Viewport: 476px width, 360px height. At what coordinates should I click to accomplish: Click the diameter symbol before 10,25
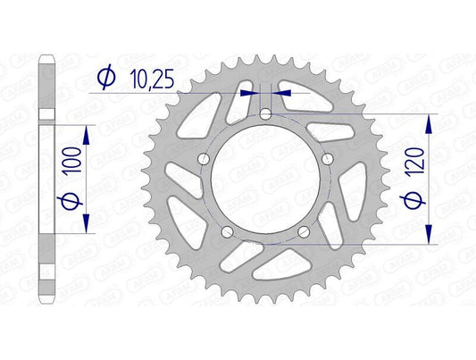(x=105, y=79)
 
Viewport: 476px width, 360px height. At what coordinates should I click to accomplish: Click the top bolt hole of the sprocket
(x=267, y=113)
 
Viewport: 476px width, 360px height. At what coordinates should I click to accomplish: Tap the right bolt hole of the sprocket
(x=329, y=159)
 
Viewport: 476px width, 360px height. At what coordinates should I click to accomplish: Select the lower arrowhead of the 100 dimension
(x=87, y=228)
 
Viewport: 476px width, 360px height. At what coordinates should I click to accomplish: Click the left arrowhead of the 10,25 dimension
(x=251, y=91)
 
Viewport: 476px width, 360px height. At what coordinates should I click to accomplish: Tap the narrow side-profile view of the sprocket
(x=48, y=179)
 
